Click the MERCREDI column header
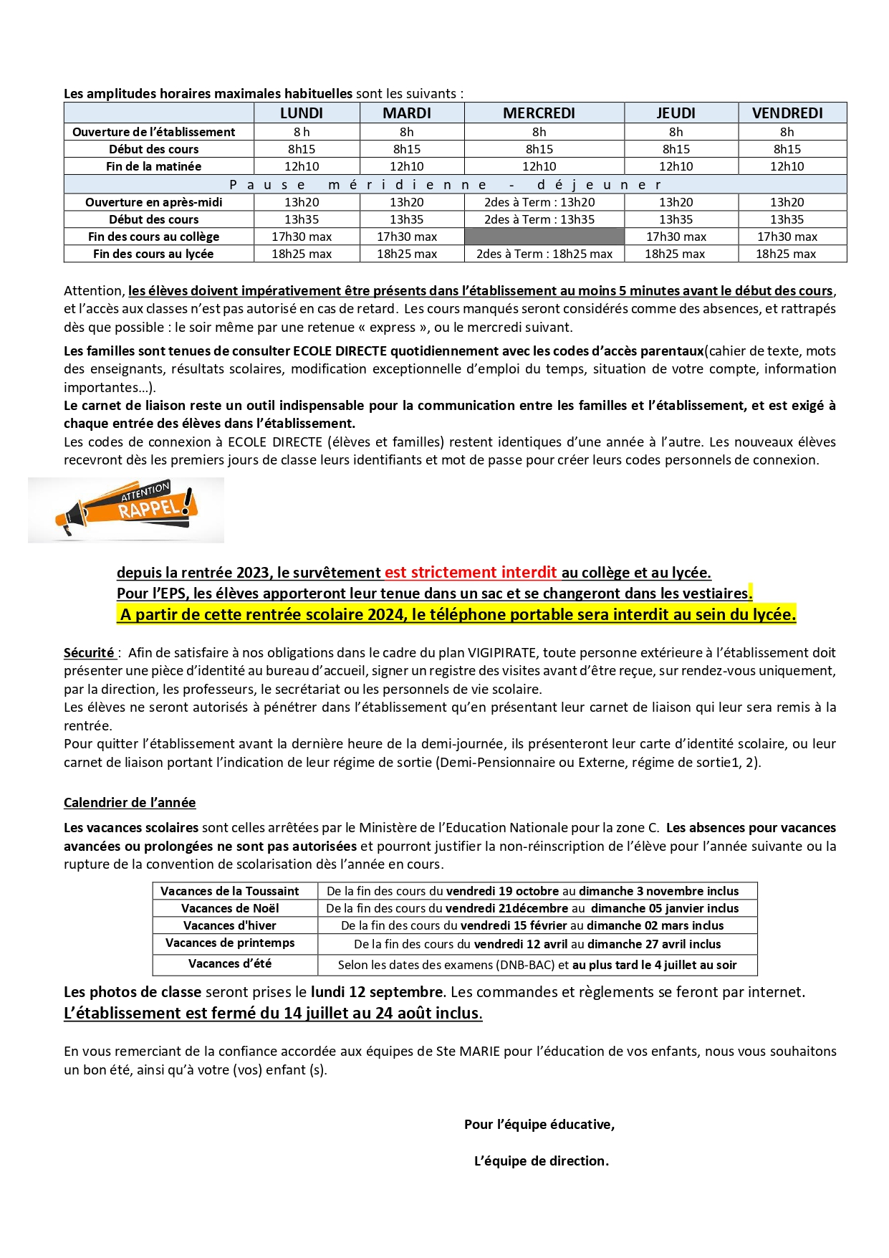[x=539, y=113]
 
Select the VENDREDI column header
[x=787, y=113]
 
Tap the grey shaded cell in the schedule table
[x=544, y=237]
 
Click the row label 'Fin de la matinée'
[x=154, y=166]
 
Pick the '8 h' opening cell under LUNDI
[x=302, y=132]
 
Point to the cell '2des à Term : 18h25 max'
[x=544, y=254]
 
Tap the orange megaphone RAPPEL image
[x=126, y=510]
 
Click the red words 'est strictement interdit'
[x=471, y=573]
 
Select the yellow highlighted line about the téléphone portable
[x=457, y=614]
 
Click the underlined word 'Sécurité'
[x=89, y=653]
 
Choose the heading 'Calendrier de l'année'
[x=130, y=803]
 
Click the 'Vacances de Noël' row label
[x=230, y=908]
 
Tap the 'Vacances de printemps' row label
[x=230, y=943]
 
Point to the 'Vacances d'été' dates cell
[x=537, y=965]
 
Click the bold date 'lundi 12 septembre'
[x=376, y=992]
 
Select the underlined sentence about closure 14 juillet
[x=273, y=1013]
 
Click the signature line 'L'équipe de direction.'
[x=542, y=1161]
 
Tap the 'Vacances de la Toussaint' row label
[x=230, y=891]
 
